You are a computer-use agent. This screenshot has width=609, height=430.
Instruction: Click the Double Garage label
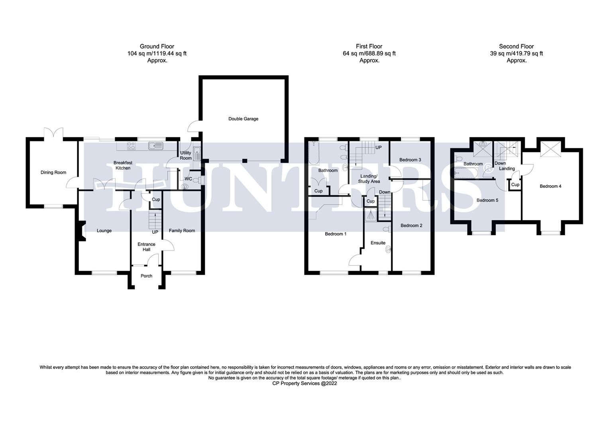coord(243,119)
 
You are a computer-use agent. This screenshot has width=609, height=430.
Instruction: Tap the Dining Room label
coord(53,172)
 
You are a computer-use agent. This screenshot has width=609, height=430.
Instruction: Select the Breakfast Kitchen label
coord(123,165)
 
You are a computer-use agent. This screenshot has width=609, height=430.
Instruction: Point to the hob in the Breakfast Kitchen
coord(131,146)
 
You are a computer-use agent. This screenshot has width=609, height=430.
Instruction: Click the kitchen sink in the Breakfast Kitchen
coord(155,146)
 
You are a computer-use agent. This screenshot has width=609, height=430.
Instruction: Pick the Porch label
coord(146,276)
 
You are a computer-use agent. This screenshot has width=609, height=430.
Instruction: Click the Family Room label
coord(182,231)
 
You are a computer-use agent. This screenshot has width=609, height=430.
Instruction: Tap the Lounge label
coord(104,231)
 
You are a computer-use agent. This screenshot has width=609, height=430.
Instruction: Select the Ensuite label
coord(378,242)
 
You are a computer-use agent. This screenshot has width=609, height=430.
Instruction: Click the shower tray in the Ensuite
coord(370,215)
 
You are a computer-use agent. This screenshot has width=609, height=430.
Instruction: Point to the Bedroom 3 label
coord(410,159)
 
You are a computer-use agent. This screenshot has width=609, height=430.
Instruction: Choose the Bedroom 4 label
coord(550,186)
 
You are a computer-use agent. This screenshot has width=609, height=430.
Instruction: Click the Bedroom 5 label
coord(487,200)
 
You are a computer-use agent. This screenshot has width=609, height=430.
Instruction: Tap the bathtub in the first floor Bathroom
coord(314,153)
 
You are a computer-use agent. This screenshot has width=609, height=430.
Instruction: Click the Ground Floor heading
coord(157,46)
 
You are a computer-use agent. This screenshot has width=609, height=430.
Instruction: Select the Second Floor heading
coord(516,46)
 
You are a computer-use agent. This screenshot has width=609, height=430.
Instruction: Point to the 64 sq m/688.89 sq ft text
coord(369,53)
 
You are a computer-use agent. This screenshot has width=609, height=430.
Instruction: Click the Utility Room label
coord(186,155)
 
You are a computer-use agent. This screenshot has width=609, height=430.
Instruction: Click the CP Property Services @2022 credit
coord(304,383)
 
